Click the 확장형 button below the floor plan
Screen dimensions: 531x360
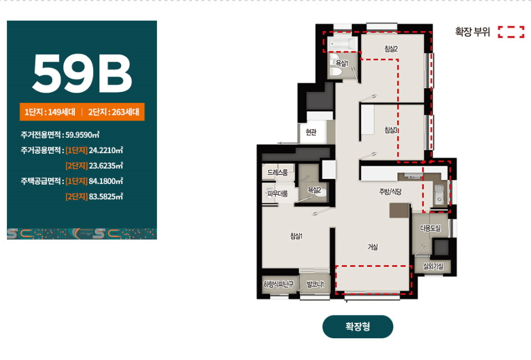(357, 326)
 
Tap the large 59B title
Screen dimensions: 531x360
(82, 74)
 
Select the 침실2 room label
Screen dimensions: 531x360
(391, 49)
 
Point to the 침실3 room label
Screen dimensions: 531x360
(391, 130)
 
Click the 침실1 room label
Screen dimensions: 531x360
(296, 236)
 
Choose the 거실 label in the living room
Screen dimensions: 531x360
(372, 247)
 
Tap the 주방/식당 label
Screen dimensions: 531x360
(390, 192)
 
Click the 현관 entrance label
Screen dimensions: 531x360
(311, 132)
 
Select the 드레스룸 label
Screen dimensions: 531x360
(277, 173)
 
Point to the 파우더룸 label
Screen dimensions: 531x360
(277, 194)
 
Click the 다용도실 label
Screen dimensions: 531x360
(431, 228)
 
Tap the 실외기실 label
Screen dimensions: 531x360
(433, 266)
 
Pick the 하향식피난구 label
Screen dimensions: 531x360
(279, 285)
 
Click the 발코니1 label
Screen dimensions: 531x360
(315, 284)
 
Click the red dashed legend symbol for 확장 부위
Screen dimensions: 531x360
(511, 32)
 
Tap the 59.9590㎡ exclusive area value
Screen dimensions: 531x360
(82, 135)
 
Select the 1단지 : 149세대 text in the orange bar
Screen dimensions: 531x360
(50, 112)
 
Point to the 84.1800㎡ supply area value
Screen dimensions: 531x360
(106, 181)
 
